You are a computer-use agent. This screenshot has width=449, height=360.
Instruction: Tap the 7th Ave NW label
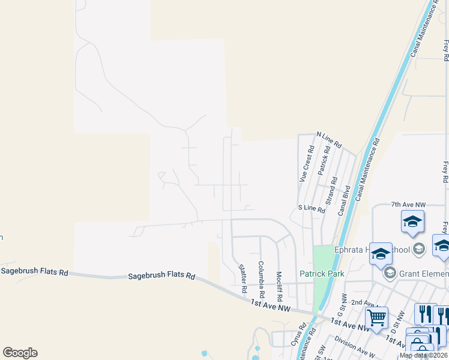pos(408,205)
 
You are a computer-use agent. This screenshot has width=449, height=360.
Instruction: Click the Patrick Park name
pos(322,274)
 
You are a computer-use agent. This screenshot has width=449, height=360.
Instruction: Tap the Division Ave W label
pos(355,347)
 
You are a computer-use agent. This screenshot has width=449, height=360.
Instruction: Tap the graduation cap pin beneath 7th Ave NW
pos(412,221)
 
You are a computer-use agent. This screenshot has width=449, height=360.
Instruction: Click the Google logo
pos(20,353)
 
